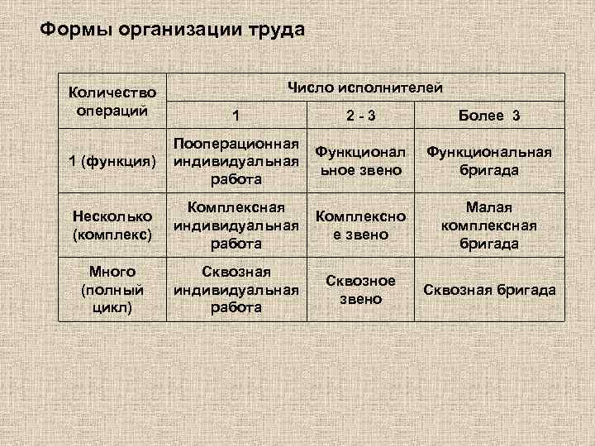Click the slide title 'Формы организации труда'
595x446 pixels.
pos(173,31)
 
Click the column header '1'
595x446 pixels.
pos(236,116)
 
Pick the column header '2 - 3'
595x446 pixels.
pos(360,116)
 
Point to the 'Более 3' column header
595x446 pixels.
pos(489,116)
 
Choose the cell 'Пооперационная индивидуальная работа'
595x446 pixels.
pos(236,161)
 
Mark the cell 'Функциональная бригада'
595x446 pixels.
pos(489,161)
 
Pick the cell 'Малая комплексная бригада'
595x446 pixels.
pos(489,225)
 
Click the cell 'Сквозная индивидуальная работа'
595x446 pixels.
pos(236,289)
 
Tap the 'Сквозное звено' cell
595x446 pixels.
pos(360,289)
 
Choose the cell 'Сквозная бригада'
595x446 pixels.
pos(489,290)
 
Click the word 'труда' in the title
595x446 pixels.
pos(274,31)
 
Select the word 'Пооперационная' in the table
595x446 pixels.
pos(236,144)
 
